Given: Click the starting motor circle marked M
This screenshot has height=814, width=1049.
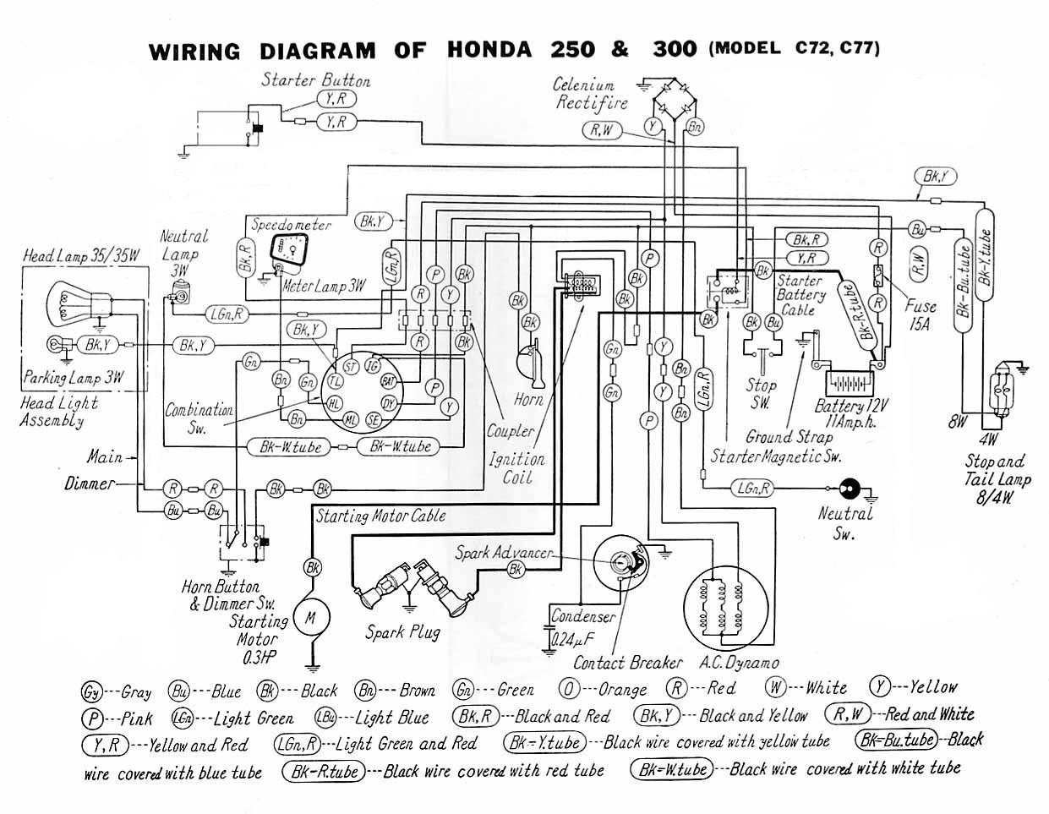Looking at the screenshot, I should click(x=310, y=618).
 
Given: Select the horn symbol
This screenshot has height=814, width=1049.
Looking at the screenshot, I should click(x=532, y=364).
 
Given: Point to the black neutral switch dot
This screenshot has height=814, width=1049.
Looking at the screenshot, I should click(x=848, y=489).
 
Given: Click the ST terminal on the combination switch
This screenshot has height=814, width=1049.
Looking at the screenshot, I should click(x=348, y=366).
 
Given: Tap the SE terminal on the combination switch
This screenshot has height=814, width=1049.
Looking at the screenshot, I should click(x=373, y=419).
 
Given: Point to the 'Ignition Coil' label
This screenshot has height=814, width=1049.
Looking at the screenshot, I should click(x=516, y=468).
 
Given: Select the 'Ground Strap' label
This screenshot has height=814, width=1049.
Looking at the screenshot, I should click(x=789, y=437).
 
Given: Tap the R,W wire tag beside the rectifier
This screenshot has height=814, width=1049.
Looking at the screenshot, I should click(x=602, y=129).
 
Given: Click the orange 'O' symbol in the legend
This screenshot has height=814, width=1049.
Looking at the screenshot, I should click(x=570, y=689).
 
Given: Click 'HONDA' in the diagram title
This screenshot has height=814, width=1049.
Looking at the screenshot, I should click(x=489, y=49).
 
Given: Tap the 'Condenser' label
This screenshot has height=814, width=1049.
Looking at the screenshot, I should click(x=582, y=617).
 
